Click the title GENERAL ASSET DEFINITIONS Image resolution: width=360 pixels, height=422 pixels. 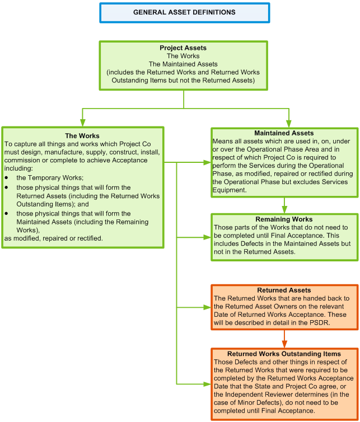(184, 12)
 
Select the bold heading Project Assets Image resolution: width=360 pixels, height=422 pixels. (183, 48)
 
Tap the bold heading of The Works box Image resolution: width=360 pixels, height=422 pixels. (82, 135)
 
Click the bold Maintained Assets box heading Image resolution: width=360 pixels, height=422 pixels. (284, 133)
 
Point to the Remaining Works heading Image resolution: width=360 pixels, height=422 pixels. (284, 219)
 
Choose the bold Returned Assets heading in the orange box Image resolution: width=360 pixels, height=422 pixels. (284, 290)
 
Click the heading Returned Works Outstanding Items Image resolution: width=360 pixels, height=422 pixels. (284, 354)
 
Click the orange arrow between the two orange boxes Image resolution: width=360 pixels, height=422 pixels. (284, 339)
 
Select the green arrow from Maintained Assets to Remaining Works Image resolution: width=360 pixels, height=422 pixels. (284, 205)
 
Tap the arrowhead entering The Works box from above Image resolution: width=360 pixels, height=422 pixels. (83, 123)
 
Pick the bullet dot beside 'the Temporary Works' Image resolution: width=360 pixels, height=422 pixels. (7, 177)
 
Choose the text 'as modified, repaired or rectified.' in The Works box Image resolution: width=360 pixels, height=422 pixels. (54, 238)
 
